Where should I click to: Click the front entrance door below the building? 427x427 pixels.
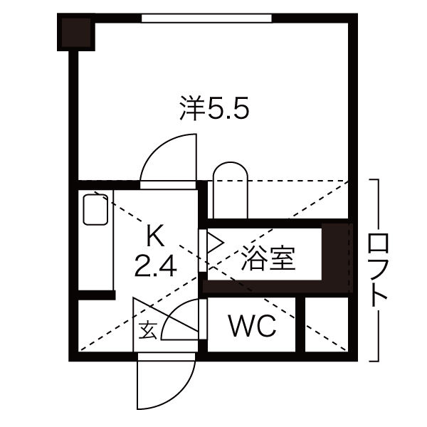click(166, 388)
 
